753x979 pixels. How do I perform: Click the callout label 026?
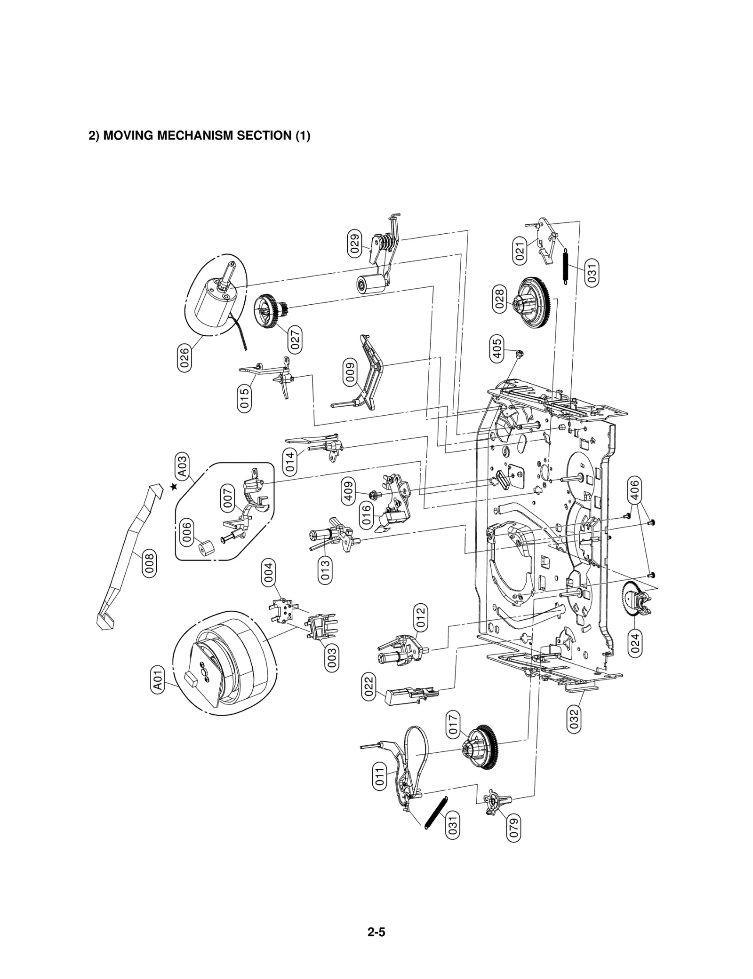185,358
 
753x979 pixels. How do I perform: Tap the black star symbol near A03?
174,487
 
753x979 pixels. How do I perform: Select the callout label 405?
496,348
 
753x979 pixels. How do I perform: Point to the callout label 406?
634,491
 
